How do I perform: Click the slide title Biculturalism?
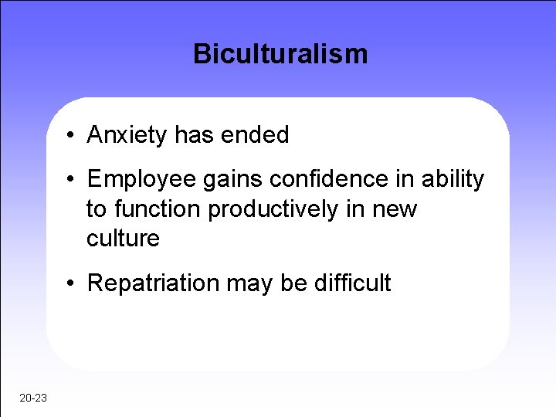(280, 54)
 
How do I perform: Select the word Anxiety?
(127, 136)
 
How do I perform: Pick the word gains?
(226, 180)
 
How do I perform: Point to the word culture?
(123, 239)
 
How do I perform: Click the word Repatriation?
(154, 283)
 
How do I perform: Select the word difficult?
(352, 283)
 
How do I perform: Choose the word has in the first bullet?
(192, 136)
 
